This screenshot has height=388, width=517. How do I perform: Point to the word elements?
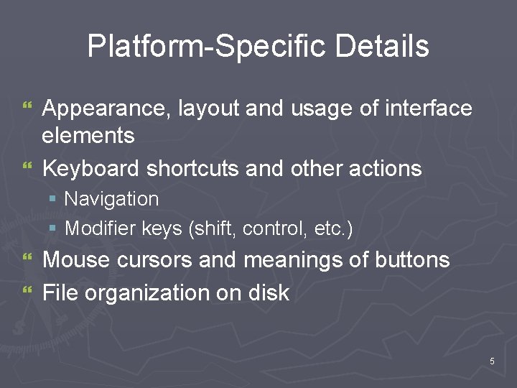tap(88, 135)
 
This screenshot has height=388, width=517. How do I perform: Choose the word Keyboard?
tap(91, 169)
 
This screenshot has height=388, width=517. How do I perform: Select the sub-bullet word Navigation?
tap(111, 198)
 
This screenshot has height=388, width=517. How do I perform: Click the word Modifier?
tap(98, 229)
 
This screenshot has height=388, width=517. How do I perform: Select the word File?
tap(60, 293)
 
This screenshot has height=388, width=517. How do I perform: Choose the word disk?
tap(269, 293)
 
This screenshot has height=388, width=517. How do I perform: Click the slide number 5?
tap(492, 361)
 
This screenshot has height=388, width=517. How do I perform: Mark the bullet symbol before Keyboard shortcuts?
tap(28, 168)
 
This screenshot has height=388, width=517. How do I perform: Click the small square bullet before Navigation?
tap(52, 198)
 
